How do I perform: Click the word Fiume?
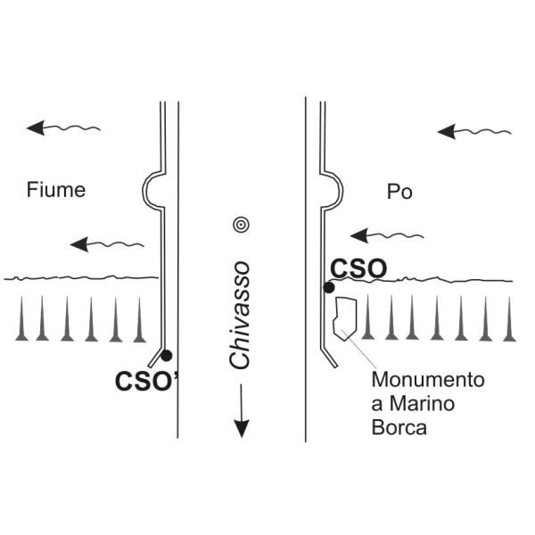[55, 189]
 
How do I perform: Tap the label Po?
[400, 192]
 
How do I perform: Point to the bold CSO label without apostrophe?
[358, 267]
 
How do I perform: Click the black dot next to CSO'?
[166, 355]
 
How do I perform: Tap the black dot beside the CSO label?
[329, 287]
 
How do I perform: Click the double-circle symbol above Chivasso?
[240, 225]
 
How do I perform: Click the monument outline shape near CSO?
[343, 318]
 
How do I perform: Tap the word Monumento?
[428, 381]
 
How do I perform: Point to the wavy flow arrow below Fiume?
[107, 243]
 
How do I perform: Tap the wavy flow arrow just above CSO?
[383, 236]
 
